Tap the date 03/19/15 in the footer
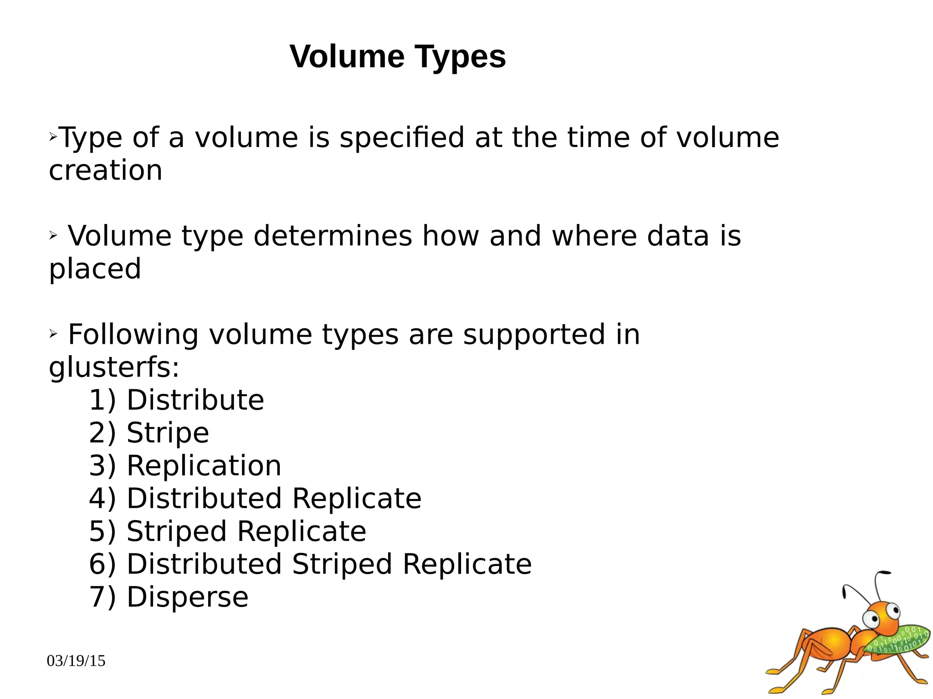76,660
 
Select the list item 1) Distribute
176,400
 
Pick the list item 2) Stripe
149,433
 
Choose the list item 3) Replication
185,465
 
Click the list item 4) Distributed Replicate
255,498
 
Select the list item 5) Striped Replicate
227,531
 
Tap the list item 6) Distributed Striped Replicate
310,564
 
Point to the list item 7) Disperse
169,597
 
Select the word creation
105,170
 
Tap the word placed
95,269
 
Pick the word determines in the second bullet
333,236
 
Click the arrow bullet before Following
53,334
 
